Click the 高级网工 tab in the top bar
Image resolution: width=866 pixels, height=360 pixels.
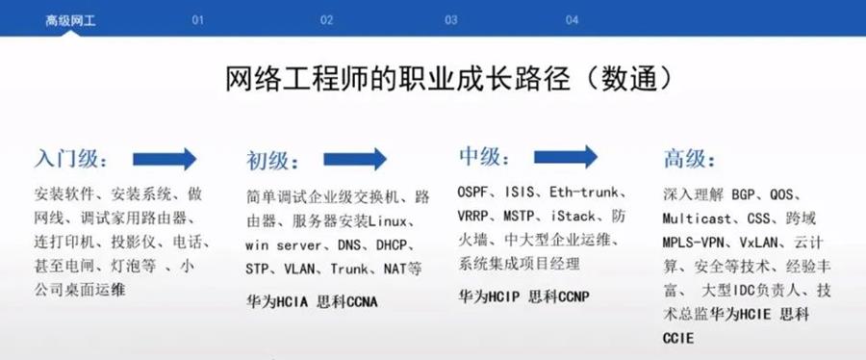pyautogui.click(x=70, y=21)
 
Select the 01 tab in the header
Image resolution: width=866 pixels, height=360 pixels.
pyautogui.click(x=197, y=20)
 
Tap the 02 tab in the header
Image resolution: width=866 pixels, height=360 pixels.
pyautogui.click(x=326, y=20)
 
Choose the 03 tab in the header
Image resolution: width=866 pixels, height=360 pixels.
pyautogui.click(x=451, y=20)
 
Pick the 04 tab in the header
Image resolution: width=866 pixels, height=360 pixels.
pyautogui.click(x=573, y=20)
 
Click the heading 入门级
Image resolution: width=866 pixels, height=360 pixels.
pyautogui.click(x=71, y=159)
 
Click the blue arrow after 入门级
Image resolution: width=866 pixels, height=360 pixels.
pyautogui.click(x=165, y=159)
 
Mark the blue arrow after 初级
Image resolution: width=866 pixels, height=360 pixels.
pyautogui.click(x=355, y=159)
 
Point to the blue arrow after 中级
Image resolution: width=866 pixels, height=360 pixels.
pyautogui.click(x=566, y=157)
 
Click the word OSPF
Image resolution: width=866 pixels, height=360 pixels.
pyautogui.click(x=473, y=193)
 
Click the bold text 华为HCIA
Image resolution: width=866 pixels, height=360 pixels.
pyautogui.click(x=278, y=302)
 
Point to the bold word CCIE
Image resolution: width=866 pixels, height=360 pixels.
pyautogui.click(x=677, y=338)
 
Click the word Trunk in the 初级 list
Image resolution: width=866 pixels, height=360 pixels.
pyautogui.click(x=349, y=270)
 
